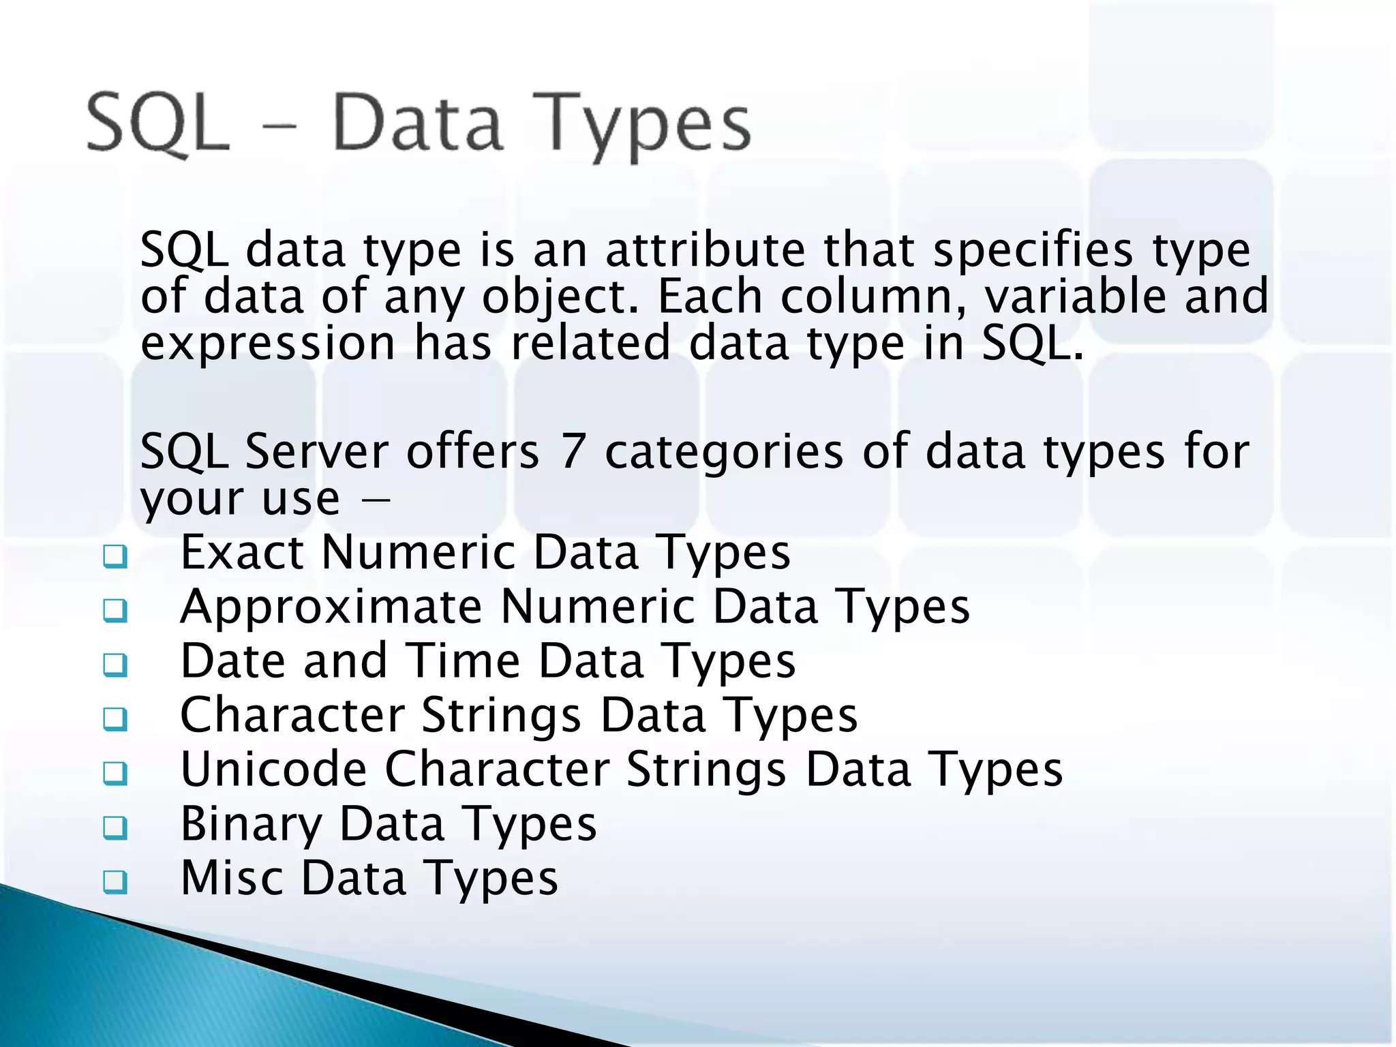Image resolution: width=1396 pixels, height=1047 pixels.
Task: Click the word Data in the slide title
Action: coord(417,124)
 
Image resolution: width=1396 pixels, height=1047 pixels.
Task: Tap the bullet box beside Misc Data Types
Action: coord(115,882)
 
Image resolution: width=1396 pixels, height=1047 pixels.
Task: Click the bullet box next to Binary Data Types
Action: coord(115,828)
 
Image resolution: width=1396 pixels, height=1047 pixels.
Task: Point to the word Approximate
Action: coord(331,607)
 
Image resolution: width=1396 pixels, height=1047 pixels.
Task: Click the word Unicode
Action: coord(273,770)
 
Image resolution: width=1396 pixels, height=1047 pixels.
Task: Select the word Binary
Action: coord(251,824)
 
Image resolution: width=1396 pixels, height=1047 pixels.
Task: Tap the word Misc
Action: coord(232,878)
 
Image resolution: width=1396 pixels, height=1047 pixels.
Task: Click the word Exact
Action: coord(242,552)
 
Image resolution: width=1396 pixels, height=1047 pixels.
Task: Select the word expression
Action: coord(268,344)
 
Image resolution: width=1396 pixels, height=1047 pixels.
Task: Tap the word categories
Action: coord(724,453)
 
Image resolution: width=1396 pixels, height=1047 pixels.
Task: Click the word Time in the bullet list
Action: coord(464,661)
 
